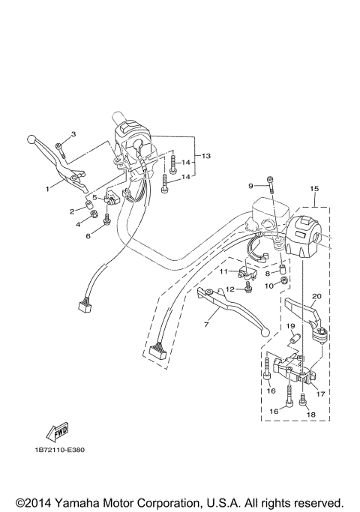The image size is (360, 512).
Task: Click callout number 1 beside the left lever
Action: point(46,189)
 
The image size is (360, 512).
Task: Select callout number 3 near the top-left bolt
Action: point(73,134)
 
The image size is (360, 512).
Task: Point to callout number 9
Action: point(252,185)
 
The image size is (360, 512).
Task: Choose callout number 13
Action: point(206,156)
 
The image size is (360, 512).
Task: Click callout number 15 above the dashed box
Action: point(314,188)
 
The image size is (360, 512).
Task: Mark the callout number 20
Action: point(316,296)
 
